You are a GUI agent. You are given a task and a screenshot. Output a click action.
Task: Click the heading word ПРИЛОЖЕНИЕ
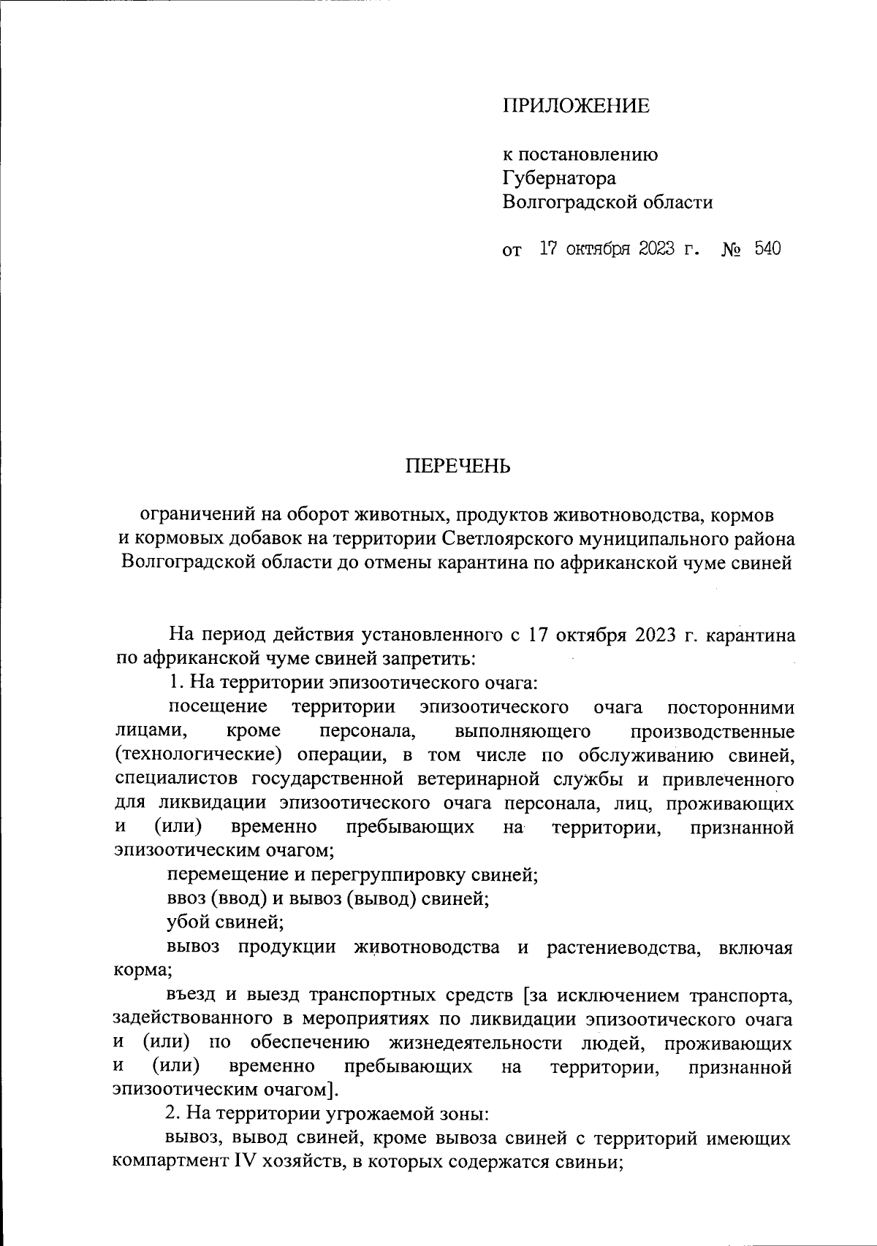(576, 107)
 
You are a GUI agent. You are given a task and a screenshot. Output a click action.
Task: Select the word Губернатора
(559, 178)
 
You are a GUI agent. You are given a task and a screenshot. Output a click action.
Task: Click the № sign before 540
(732, 250)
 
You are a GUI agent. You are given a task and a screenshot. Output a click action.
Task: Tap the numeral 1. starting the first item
(175, 682)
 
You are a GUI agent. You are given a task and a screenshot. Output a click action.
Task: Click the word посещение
(217, 707)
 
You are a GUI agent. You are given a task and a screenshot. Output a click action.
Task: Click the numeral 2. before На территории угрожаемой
(174, 1114)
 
